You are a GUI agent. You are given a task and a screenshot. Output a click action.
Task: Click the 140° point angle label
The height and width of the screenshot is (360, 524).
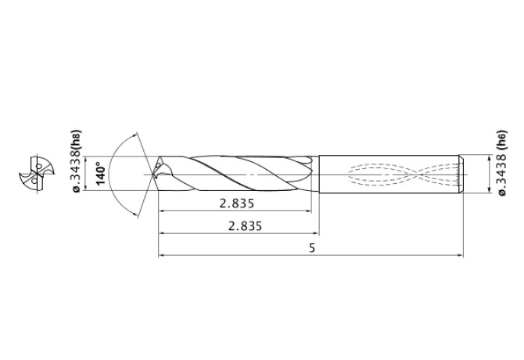(x=99, y=171)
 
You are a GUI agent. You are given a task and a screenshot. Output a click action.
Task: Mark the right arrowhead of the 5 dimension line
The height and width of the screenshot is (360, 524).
(x=461, y=255)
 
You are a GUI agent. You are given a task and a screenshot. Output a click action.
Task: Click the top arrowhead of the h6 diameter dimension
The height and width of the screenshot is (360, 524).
(x=485, y=156)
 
